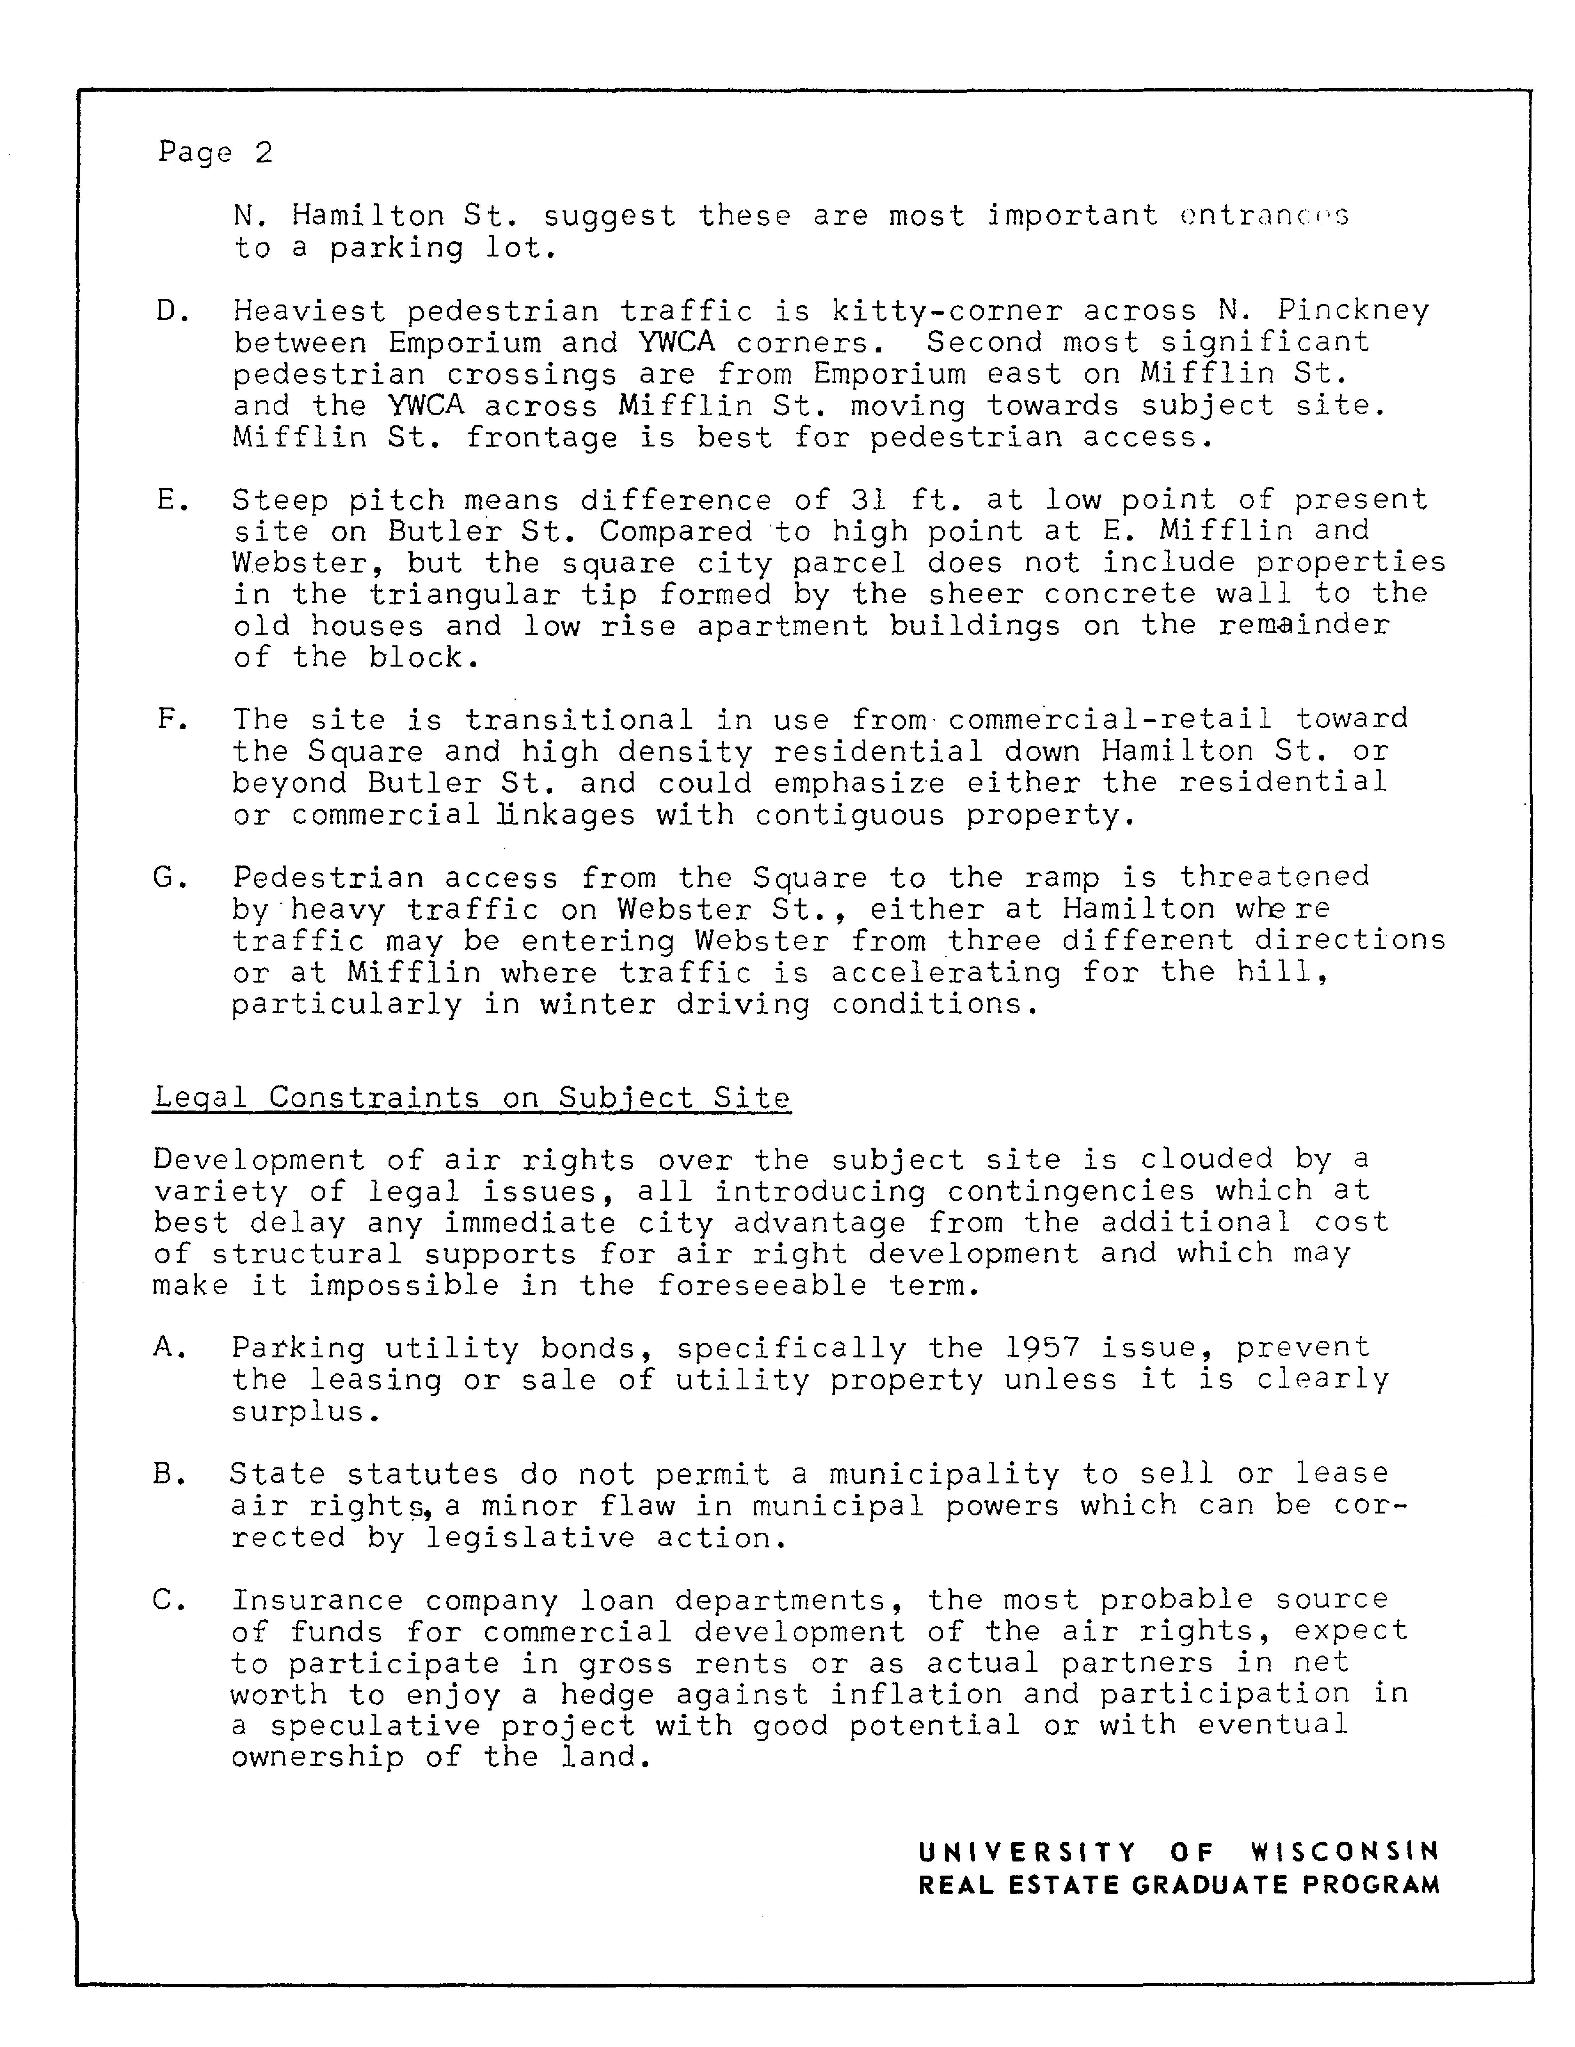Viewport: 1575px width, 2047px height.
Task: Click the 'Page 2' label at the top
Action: (215, 152)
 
